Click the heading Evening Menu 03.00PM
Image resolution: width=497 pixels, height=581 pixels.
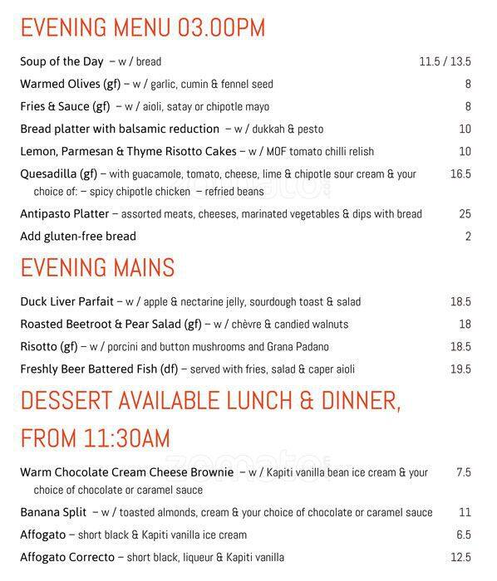(142, 27)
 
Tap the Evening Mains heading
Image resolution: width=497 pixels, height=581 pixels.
(97, 268)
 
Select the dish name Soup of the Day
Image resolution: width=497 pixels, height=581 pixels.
(62, 61)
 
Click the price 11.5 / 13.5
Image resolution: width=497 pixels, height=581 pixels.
(445, 61)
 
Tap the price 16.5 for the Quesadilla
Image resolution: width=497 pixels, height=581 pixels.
(460, 174)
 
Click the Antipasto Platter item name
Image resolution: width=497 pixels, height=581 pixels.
(63, 213)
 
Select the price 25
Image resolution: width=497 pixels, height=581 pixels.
(465, 213)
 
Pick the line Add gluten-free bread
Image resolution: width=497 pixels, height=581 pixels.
(78, 236)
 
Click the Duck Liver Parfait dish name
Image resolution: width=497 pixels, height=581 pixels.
(67, 302)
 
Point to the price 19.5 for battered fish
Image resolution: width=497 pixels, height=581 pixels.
(460, 369)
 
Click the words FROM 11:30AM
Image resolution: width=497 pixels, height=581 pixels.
(95, 437)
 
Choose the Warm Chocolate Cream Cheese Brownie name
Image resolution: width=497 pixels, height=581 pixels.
(126, 473)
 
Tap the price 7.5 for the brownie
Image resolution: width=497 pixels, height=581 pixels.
(463, 473)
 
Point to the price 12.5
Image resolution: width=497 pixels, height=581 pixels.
(460, 557)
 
